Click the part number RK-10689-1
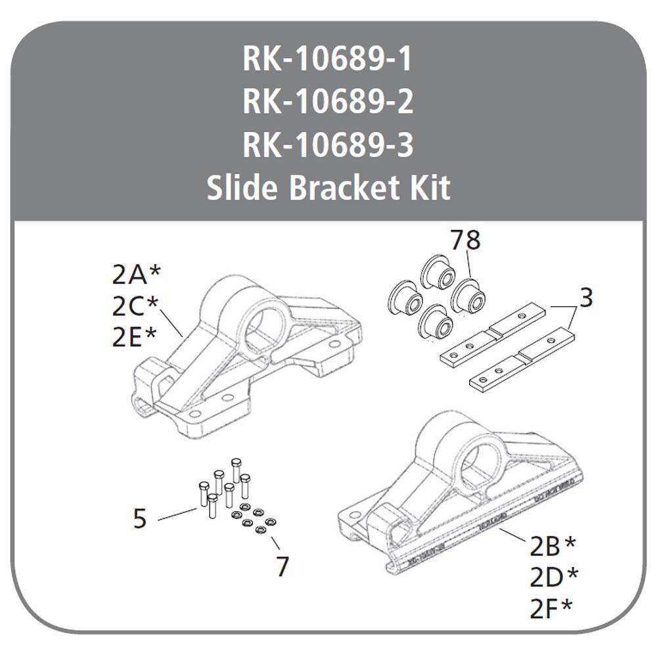[328, 60]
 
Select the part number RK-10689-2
[328, 102]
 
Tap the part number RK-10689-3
[328, 145]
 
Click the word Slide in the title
[243, 189]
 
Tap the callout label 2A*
[136, 275]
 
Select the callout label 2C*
[136, 305]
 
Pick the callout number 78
[465, 240]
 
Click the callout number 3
[586, 298]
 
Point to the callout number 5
[139, 519]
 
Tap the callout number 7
[283, 566]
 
